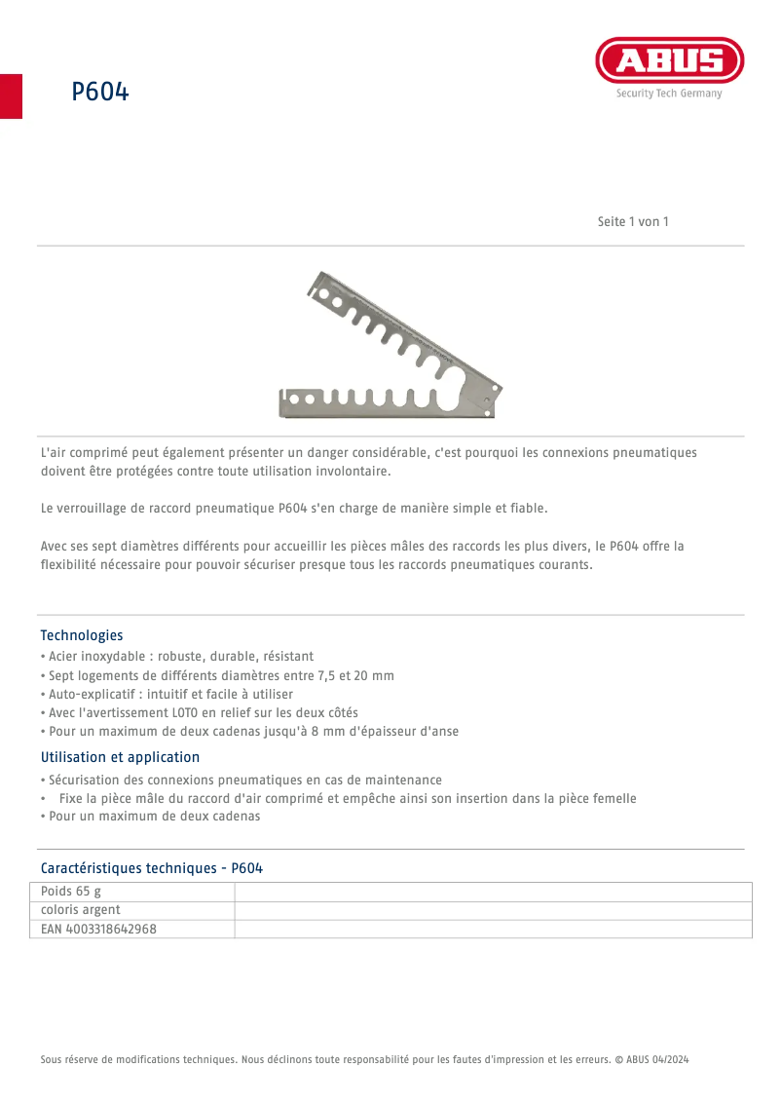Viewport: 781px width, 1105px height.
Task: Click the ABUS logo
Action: pos(669,61)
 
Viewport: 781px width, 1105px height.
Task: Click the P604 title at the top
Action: pos(99,93)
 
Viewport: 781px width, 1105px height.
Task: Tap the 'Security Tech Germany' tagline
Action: pos(669,94)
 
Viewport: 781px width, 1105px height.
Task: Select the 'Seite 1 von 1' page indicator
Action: pos(632,221)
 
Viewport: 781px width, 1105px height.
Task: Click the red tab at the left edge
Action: pos(11,95)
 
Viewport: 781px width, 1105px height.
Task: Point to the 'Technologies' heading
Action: pos(82,635)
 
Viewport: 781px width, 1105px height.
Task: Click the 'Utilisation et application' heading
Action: pos(120,757)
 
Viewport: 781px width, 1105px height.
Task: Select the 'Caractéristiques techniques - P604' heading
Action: pos(151,868)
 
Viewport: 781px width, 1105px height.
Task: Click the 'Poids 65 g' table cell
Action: pos(71,892)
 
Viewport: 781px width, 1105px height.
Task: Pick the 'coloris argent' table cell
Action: pos(81,910)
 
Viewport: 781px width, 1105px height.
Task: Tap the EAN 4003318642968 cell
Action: pos(98,929)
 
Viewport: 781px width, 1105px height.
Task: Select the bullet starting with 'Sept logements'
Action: pos(217,675)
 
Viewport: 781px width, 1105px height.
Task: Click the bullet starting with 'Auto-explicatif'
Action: pos(167,694)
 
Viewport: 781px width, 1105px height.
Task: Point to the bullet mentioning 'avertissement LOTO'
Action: pos(200,712)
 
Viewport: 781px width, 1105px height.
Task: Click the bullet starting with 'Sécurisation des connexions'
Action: pos(242,780)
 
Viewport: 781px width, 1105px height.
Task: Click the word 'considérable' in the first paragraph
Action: pos(390,452)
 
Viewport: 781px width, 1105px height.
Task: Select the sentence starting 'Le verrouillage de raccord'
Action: pos(294,508)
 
